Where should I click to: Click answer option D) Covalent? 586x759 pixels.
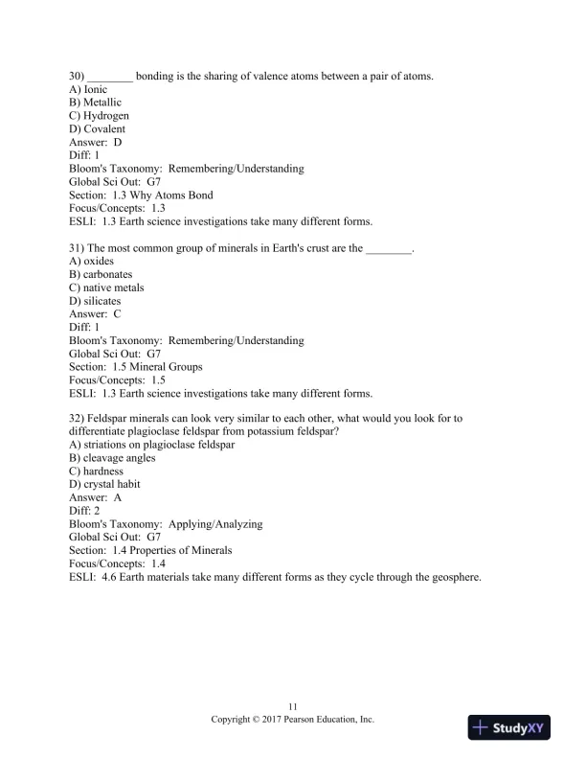(x=98, y=129)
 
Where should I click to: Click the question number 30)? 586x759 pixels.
(x=78, y=76)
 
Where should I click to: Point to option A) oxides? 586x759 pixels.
(x=93, y=262)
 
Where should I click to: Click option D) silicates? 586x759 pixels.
(x=96, y=301)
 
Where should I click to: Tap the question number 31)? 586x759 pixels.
(x=78, y=248)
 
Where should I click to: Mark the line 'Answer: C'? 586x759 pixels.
(x=96, y=314)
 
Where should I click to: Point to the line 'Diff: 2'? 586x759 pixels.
(x=84, y=512)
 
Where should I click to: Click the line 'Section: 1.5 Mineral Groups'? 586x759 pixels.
(x=135, y=367)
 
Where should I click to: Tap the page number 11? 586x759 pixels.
(x=292, y=705)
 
